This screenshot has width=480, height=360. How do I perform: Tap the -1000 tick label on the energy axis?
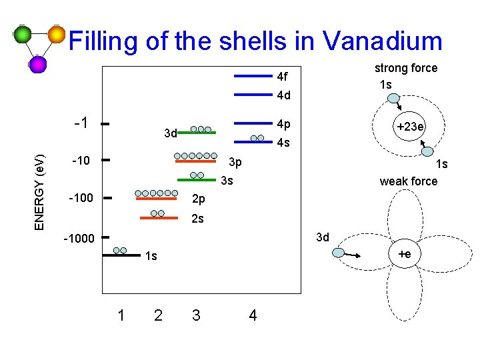click(78, 239)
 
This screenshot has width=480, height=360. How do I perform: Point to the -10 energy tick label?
click(80, 161)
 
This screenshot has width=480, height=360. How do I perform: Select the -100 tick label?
click(80, 199)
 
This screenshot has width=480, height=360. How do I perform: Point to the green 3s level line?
click(197, 180)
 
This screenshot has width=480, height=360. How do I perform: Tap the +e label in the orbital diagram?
click(405, 254)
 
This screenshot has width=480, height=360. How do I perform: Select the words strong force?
click(405, 68)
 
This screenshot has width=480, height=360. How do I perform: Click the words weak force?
click(408, 181)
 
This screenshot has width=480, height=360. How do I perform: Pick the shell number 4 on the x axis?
click(252, 315)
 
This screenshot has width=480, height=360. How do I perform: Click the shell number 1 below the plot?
click(121, 315)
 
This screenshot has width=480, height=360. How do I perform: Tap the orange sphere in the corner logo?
click(57, 34)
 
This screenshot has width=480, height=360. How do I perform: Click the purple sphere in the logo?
click(38, 64)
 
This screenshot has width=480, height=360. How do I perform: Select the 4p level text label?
click(283, 124)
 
